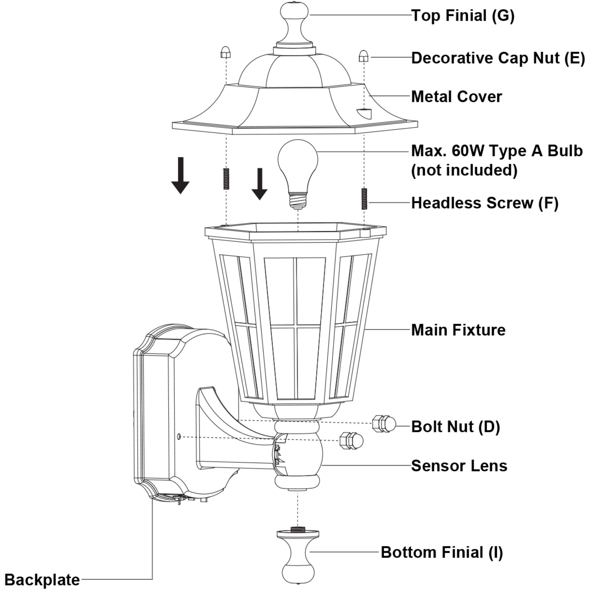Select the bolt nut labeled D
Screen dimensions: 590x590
point(384,424)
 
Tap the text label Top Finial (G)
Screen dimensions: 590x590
point(463,15)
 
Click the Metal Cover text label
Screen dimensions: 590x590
point(456,97)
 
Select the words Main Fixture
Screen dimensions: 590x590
point(458,330)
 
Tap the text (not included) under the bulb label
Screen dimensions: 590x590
point(464,170)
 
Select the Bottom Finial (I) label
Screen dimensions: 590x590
point(442,552)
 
